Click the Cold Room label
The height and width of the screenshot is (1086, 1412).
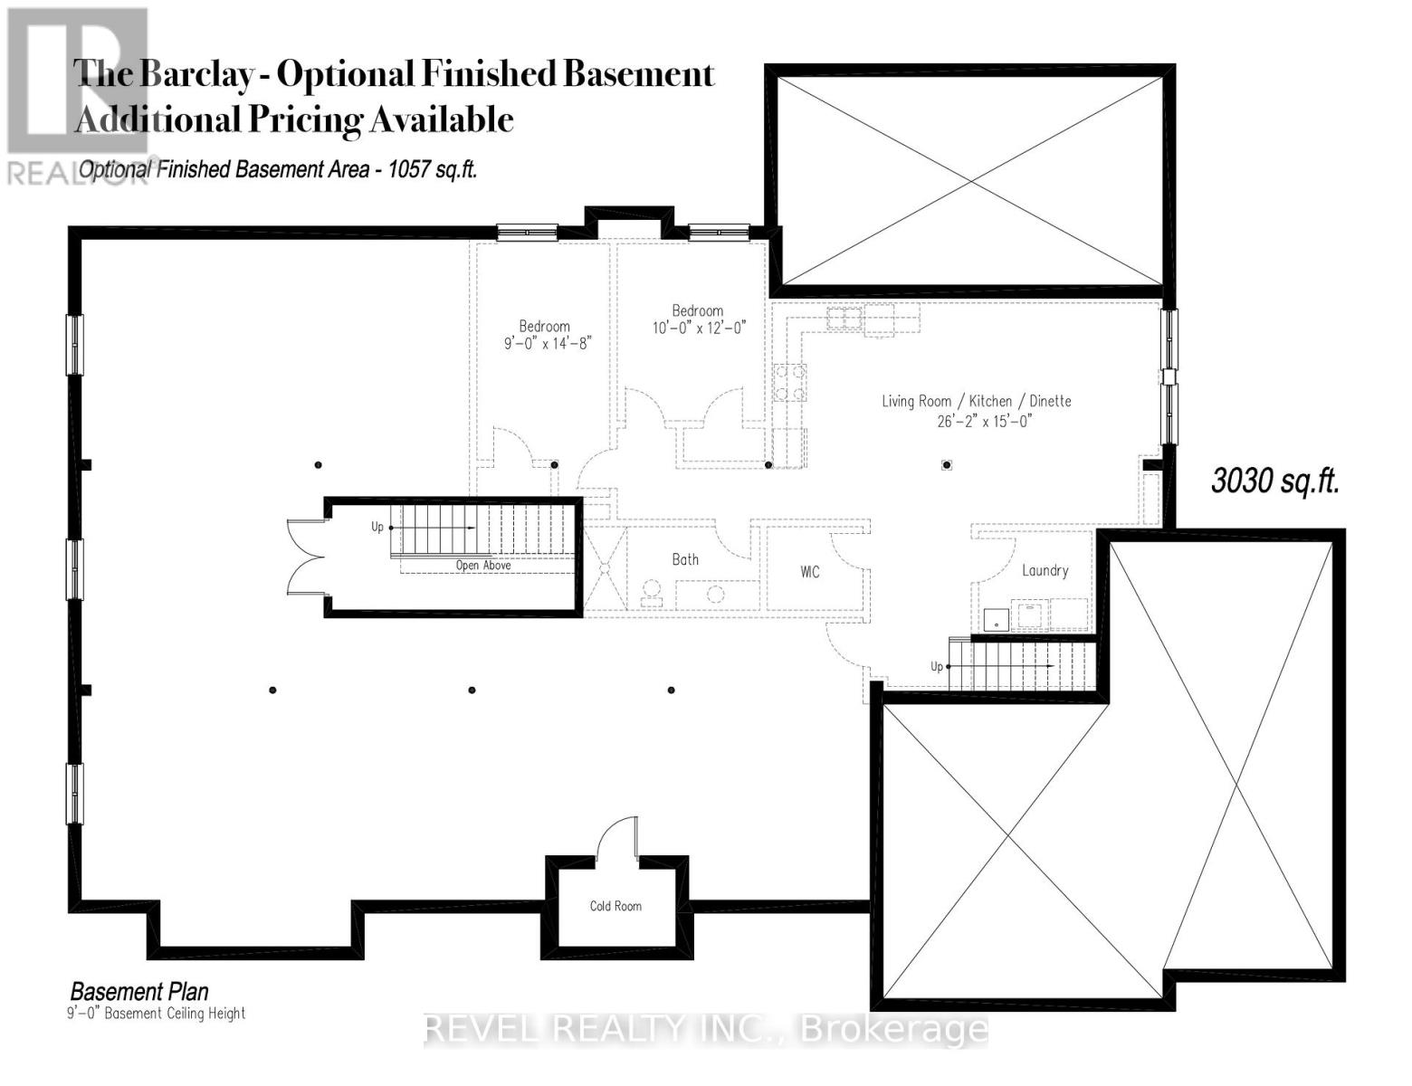point(615,906)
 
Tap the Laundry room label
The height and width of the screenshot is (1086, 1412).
point(1045,571)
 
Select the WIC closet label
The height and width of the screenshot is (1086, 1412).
point(810,572)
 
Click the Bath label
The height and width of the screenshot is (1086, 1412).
point(685,559)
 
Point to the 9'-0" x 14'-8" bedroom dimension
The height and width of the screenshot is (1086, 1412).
point(548,344)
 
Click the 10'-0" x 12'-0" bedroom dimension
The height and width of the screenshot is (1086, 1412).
point(699,328)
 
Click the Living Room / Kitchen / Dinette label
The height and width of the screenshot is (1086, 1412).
point(977,401)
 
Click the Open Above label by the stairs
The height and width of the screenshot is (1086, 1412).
point(483,566)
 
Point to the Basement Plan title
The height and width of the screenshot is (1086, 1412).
point(139,992)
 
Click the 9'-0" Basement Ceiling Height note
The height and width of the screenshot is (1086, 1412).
point(158,1014)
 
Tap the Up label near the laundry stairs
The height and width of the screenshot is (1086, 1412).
point(937,666)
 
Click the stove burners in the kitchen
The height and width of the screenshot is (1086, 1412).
point(789,382)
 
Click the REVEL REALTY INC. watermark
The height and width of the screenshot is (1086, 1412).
point(706,1030)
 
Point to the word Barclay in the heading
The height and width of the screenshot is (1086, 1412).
point(195,74)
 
